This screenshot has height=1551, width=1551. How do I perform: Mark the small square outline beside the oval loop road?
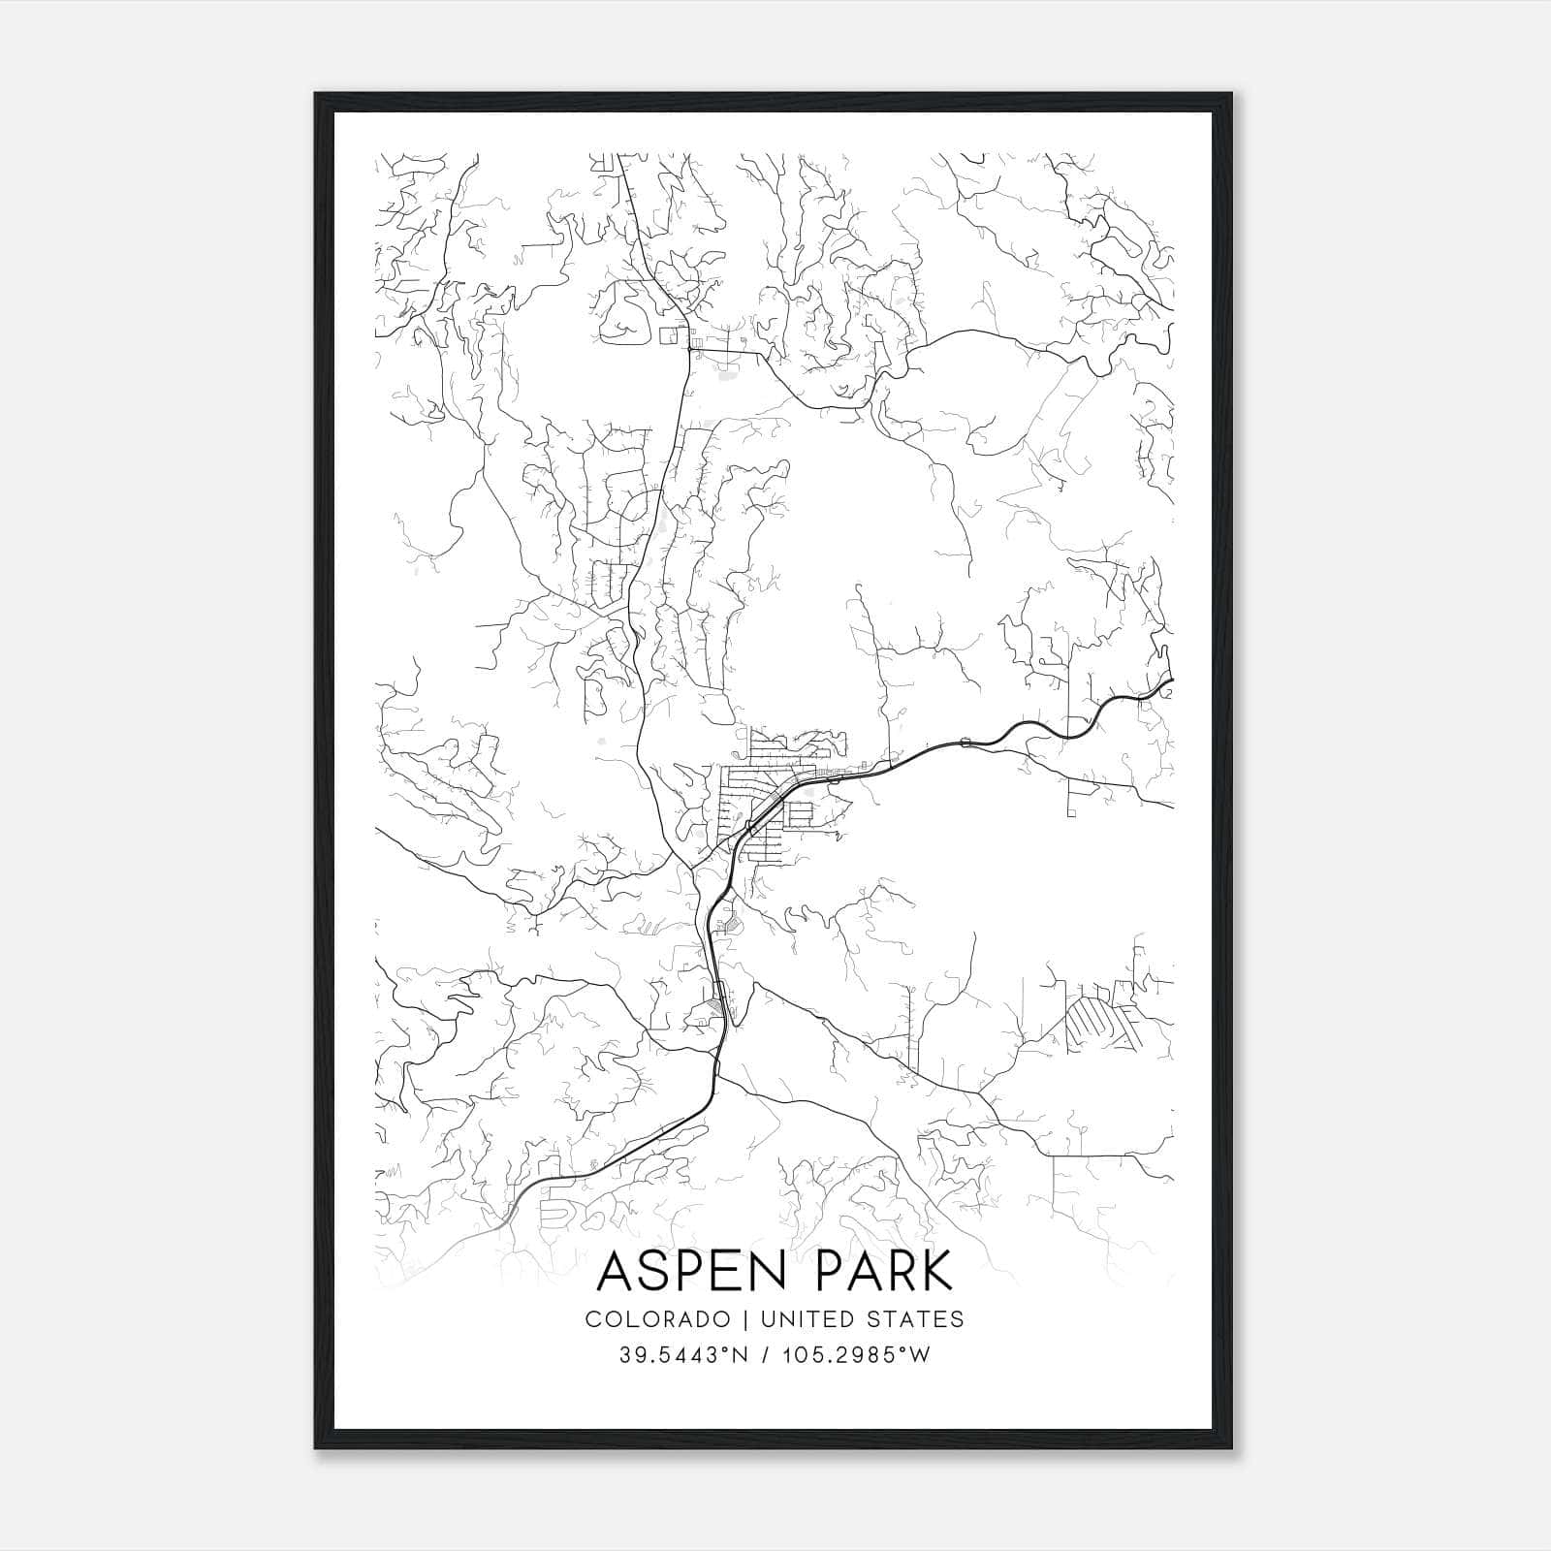[x=668, y=335]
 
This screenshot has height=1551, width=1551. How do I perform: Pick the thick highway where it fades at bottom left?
[x=504, y=1215]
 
